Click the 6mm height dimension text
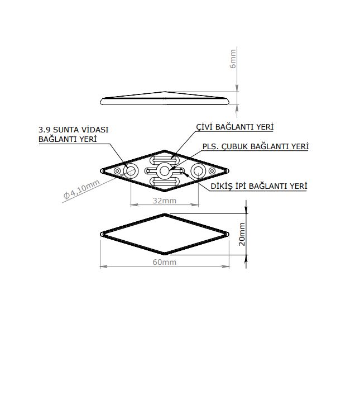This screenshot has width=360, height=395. point(233,58)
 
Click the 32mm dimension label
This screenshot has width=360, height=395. point(165,200)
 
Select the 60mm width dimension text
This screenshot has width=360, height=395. point(165,262)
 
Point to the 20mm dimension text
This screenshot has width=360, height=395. point(242,234)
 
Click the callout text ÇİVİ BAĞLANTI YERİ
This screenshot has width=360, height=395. point(234,127)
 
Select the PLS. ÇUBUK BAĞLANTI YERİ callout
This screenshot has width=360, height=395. point(255,146)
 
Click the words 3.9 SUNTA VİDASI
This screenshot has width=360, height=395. point(74,129)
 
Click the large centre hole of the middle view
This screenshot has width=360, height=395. point(164,170)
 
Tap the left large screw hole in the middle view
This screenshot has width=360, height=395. point(131,170)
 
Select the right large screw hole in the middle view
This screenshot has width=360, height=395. point(198,170)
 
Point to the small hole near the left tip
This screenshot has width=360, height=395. point(117,170)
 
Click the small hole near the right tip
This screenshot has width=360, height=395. point(212,170)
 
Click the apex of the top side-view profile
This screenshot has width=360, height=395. point(164,92)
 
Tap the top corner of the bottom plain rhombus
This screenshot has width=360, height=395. point(164,214)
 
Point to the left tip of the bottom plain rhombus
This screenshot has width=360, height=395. point(101,234)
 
